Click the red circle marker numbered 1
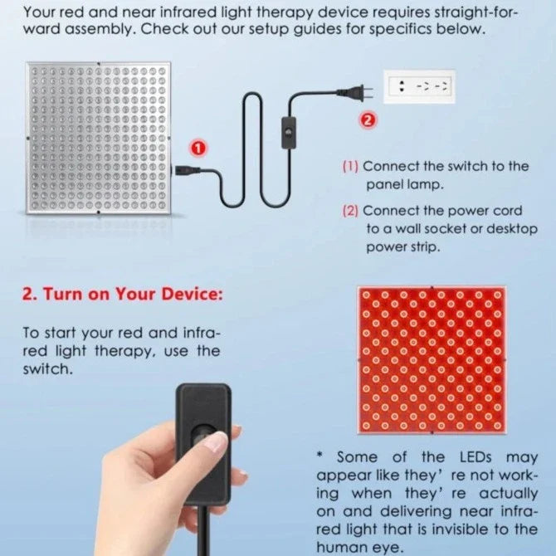(198, 149)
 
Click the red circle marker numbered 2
(368, 120)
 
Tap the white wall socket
(419, 87)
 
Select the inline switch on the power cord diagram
(289, 133)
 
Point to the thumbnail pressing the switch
(217, 441)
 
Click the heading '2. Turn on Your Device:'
(123, 295)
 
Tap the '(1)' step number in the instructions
(350, 166)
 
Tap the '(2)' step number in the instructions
(350, 211)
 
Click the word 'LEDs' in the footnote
(476, 457)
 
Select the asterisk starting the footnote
(320, 455)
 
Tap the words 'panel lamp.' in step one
(405, 184)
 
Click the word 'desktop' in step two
(512, 229)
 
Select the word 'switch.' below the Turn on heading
(48, 369)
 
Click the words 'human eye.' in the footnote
(360, 548)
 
